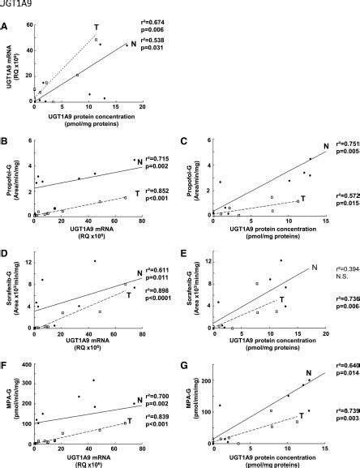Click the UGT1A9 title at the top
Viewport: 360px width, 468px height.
pos(13,4)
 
